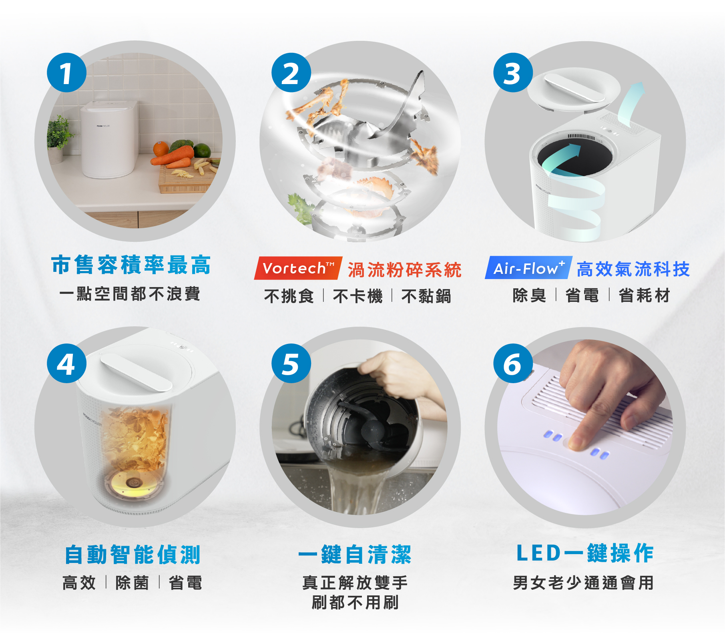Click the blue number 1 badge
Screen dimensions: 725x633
[66, 73]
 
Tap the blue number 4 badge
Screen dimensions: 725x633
[66, 364]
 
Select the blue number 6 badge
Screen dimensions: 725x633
[513, 364]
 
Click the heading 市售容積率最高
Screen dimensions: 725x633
[131, 265]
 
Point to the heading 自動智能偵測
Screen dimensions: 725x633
[133, 555]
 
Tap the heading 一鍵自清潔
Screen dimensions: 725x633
[355, 555]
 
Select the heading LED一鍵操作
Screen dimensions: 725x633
[585, 553]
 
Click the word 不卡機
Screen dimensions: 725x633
[358, 296]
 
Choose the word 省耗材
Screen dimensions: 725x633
[644, 295]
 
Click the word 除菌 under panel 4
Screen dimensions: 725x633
[132, 583]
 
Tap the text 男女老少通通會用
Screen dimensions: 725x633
[583, 583]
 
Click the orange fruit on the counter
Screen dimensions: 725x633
[161, 149]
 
